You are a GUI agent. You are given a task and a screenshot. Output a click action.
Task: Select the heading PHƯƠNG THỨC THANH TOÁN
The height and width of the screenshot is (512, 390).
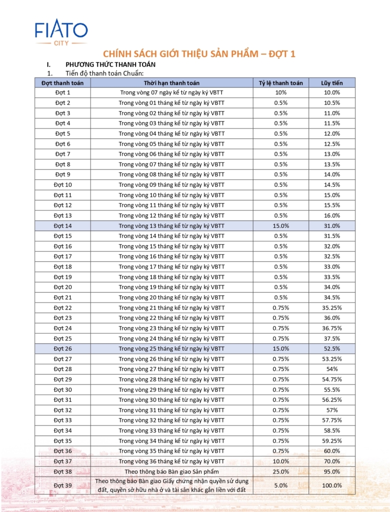[110, 64]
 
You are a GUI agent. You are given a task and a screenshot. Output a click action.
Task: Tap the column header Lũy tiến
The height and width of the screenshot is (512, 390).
[331, 82]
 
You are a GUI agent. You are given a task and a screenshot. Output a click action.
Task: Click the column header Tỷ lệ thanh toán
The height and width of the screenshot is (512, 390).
[280, 82]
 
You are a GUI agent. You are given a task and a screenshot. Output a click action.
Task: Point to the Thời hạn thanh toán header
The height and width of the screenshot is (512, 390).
[171, 82]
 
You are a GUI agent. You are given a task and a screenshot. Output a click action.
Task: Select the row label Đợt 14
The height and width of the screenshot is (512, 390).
[63, 225]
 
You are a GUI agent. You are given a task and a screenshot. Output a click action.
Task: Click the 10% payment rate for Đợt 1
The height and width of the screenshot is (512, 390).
[280, 92]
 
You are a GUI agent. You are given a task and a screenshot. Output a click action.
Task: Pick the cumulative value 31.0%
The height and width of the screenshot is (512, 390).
[331, 225]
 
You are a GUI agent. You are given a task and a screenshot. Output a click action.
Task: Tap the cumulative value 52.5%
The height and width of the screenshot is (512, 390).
[331, 348]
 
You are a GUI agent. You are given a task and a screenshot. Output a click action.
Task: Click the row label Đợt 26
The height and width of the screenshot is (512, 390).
[63, 348]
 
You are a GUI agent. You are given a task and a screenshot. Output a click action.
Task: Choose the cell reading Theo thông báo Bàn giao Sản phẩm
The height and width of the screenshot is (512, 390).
[171, 471]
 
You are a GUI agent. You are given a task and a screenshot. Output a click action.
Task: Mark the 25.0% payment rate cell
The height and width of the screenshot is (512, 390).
[280, 471]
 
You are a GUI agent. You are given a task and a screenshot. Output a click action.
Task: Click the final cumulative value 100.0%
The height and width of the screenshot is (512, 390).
[331, 485]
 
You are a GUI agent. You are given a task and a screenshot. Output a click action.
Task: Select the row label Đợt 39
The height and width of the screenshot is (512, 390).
[63, 485]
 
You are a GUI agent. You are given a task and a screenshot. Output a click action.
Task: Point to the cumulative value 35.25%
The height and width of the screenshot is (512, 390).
[331, 307]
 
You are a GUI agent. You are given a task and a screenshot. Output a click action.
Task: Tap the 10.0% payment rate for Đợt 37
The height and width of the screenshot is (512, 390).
[280, 461]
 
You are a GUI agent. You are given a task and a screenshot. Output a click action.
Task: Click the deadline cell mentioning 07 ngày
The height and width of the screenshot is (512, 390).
[171, 92]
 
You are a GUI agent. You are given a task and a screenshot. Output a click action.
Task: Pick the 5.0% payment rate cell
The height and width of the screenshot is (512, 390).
[280, 485]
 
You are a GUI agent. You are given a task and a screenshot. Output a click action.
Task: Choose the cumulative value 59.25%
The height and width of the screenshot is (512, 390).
[331, 440]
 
